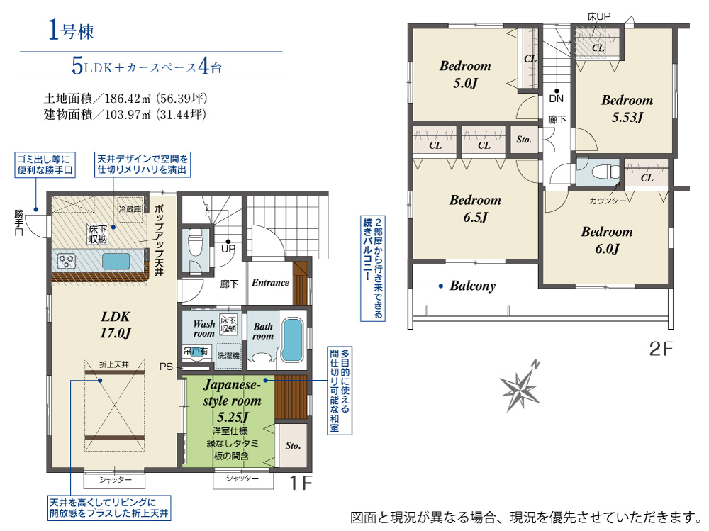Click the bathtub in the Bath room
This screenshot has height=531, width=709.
(x=292, y=340)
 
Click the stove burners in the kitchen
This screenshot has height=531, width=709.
(x=67, y=262)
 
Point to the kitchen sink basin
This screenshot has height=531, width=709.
(x=116, y=262)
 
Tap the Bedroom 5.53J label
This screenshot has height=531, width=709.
(x=627, y=108)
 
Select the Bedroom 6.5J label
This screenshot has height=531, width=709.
(x=475, y=208)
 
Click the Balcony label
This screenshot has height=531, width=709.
(x=472, y=286)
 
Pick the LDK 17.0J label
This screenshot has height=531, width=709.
(x=116, y=325)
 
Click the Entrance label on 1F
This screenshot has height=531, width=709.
(x=270, y=283)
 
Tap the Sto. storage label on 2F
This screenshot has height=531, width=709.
(x=524, y=140)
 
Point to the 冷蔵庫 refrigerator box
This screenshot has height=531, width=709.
(x=130, y=209)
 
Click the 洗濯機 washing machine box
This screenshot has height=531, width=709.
(x=228, y=356)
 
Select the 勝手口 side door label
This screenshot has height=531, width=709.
(x=18, y=223)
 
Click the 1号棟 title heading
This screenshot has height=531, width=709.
(x=71, y=30)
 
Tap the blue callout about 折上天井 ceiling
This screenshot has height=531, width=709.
(x=109, y=508)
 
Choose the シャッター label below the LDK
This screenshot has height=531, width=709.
(x=116, y=480)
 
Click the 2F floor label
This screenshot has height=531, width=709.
(x=661, y=350)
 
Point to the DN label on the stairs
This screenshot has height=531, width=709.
(x=556, y=99)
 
